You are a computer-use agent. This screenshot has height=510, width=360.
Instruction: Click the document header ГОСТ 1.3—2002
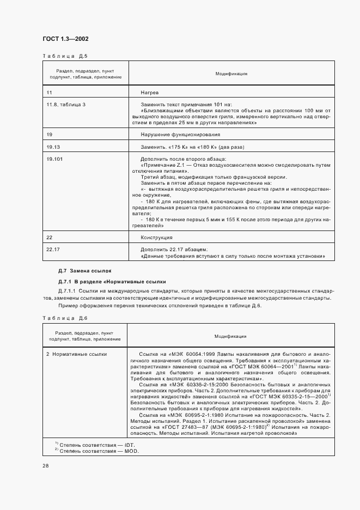click(65, 39)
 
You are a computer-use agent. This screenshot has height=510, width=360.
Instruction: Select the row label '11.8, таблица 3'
click(66, 104)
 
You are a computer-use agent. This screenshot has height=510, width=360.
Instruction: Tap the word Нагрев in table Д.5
click(149, 93)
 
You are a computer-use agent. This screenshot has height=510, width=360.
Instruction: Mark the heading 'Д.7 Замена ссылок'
click(84, 270)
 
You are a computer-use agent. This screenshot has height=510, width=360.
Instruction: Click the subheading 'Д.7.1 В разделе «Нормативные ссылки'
click(112, 282)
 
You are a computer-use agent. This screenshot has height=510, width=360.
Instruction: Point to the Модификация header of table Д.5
click(231, 73)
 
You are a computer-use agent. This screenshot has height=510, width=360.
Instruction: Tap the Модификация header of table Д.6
click(231, 336)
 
